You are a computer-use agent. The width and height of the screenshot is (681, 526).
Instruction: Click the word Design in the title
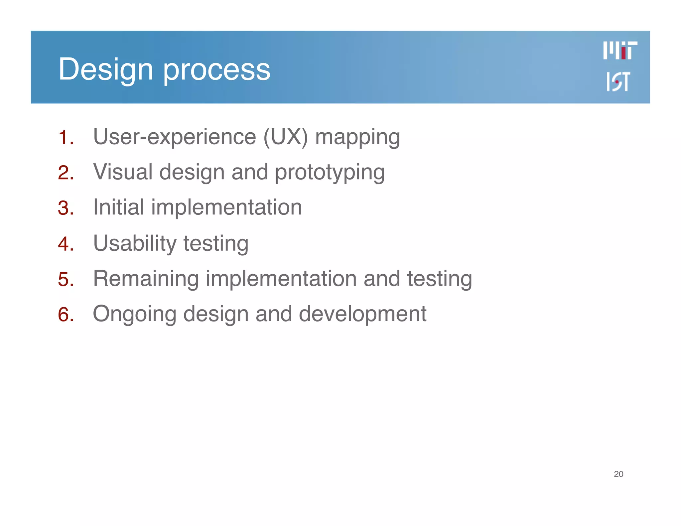(x=105, y=69)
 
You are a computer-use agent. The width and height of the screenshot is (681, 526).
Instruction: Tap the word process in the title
(x=216, y=70)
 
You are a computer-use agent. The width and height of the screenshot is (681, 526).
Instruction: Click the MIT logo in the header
(x=620, y=51)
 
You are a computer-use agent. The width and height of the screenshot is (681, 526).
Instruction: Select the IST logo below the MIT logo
(x=618, y=81)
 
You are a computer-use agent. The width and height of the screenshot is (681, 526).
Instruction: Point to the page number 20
(x=618, y=474)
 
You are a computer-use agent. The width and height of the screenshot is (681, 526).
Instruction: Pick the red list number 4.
(x=65, y=244)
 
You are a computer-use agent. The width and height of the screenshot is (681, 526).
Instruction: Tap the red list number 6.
(x=65, y=314)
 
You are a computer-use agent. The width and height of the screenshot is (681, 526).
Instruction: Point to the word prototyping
(x=330, y=173)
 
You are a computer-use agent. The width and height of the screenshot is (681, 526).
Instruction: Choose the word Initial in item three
(x=118, y=207)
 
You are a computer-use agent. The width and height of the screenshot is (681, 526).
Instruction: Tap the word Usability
(x=135, y=243)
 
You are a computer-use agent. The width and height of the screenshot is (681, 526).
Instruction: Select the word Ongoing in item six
(x=134, y=315)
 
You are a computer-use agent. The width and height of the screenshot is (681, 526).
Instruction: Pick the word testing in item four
(x=216, y=244)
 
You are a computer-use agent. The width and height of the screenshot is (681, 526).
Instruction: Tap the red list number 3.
(x=65, y=208)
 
